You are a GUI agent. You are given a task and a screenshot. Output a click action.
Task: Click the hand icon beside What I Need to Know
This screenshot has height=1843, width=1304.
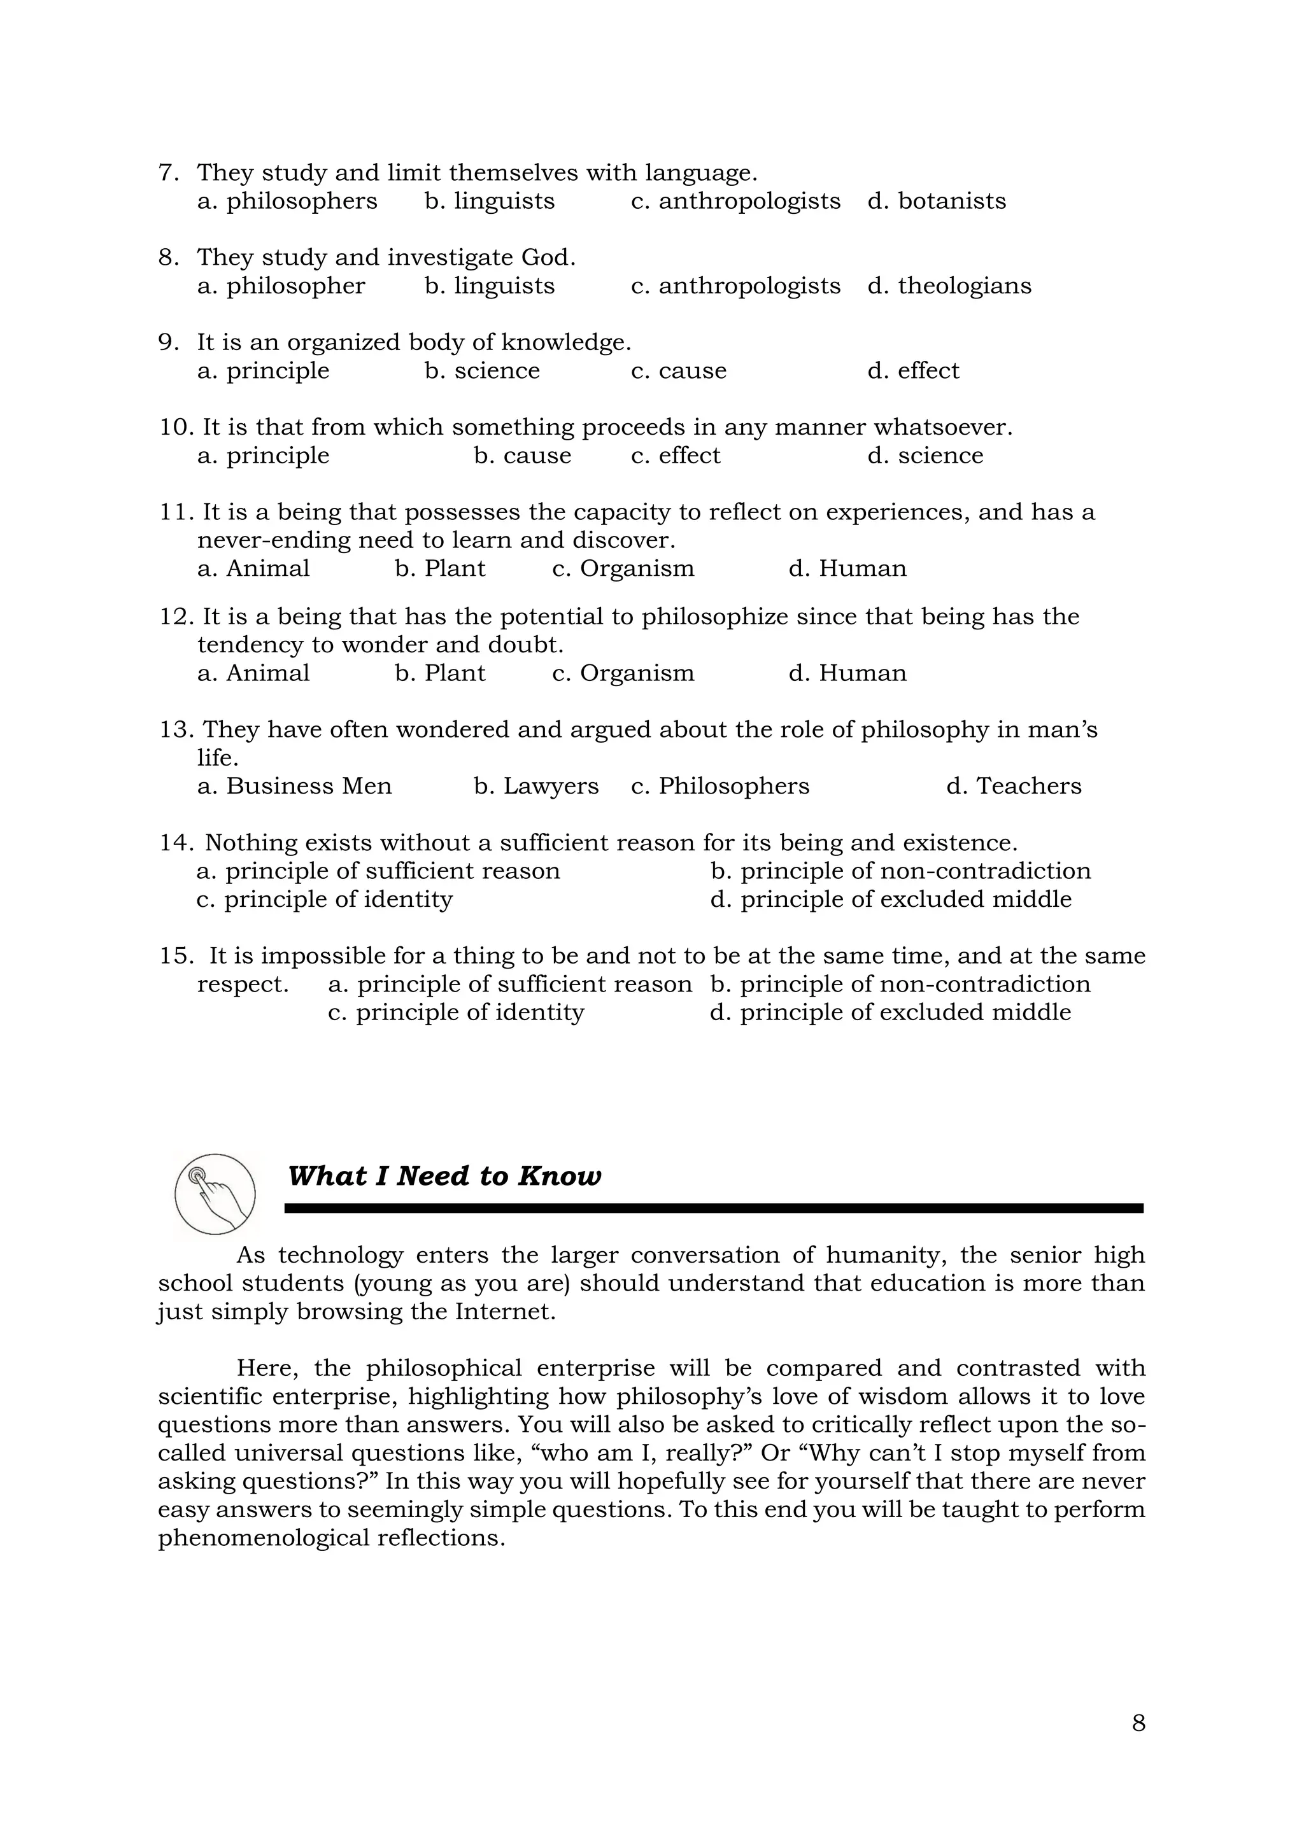click(x=215, y=1195)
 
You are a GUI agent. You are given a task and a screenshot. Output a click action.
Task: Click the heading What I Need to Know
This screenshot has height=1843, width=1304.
click(x=444, y=1176)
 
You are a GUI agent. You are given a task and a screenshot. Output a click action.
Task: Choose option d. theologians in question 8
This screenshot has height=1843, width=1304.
click(x=949, y=286)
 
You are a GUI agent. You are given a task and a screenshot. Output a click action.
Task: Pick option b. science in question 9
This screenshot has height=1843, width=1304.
click(x=483, y=371)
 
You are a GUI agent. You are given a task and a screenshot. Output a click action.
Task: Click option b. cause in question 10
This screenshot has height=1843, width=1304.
click(x=523, y=456)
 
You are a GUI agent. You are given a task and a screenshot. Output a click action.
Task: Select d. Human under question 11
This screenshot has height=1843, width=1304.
click(x=847, y=568)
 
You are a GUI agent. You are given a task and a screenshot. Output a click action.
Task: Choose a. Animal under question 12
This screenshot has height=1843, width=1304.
click(x=254, y=673)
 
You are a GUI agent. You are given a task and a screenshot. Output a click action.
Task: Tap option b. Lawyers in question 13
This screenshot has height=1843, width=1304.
click(x=536, y=786)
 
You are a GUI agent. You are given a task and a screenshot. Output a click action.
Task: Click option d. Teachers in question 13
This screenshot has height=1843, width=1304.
click(x=1013, y=786)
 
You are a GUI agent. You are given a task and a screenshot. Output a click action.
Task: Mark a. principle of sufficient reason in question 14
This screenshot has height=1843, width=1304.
click(x=378, y=871)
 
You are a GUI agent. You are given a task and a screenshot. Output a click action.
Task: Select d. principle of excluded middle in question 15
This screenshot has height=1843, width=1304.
click(x=891, y=1013)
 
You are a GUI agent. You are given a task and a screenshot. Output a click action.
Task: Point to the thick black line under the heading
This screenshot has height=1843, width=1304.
click(x=714, y=1208)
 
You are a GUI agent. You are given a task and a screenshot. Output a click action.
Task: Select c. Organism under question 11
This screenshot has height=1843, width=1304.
click(x=623, y=568)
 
